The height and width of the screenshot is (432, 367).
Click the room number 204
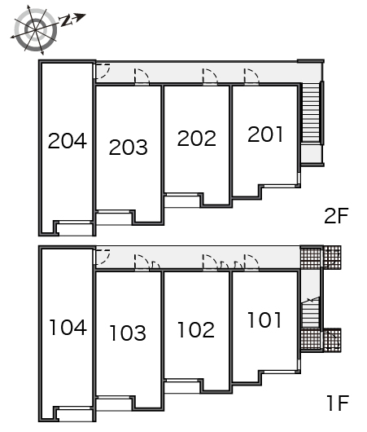pyautogui.click(x=68, y=140)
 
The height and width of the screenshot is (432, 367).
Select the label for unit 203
pyautogui.click(x=129, y=147)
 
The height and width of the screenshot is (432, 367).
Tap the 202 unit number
pyautogui.click(x=196, y=138)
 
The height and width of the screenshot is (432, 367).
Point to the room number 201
pyautogui.click(x=265, y=134)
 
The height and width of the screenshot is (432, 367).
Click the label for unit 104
pyautogui.click(x=68, y=328)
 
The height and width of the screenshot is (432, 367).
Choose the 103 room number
pyautogui.click(x=128, y=333)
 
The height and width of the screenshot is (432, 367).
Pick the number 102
pyautogui.click(x=196, y=329)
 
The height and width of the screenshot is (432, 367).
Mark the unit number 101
pyautogui.click(x=264, y=320)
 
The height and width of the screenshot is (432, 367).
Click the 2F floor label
pyautogui.click(x=336, y=216)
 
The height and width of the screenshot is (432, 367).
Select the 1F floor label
pyautogui.click(x=339, y=403)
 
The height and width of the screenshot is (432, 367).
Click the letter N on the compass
pyautogui.click(x=66, y=20)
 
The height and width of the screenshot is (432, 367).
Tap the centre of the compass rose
pyautogui.click(x=36, y=29)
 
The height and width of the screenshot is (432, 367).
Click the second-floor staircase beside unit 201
pyautogui.click(x=311, y=113)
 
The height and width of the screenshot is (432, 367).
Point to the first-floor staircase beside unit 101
pyautogui.click(x=311, y=315)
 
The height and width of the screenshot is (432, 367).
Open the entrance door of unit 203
pyautogui.click(x=142, y=77)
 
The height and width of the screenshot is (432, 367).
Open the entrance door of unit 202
pyautogui.click(x=210, y=77)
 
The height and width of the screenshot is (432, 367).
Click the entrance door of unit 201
pyautogui.click(x=251, y=77)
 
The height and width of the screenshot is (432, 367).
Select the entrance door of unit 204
pyautogui.click(x=103, y=71)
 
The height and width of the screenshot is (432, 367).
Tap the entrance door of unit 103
pyautogui.click(x=142, y=262)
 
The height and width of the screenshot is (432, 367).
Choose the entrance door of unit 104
pyautogui.click(x=103, y=257)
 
